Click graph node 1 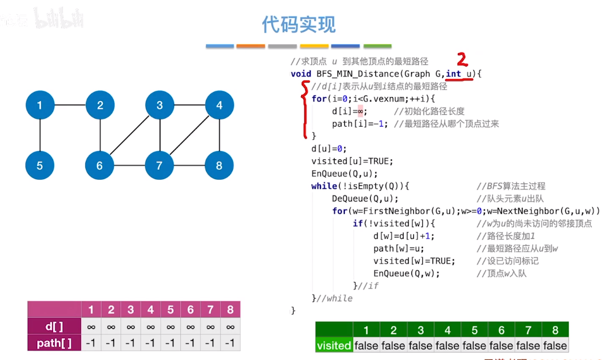point(40,105)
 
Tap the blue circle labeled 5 point(40,166)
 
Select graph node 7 point(159,166)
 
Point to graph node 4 point(219,105)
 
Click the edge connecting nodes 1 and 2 point(70,105)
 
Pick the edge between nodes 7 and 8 point(189,166)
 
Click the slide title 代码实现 point(298,24)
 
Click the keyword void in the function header point(301,74)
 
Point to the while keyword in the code point(323,186)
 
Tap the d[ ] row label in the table point(54,326)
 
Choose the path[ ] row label point(54,342)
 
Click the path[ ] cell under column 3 point(131,342)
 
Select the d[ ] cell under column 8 point(230,326)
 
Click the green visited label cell point(334,345)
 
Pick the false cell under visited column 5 point(474,345)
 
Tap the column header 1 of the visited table point(366,330)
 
